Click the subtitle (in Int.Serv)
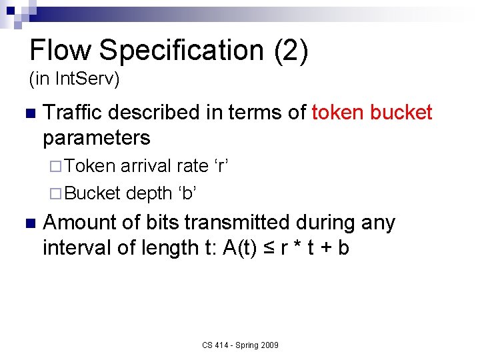[74, 80]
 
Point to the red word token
[341, 113]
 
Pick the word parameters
[96, 138]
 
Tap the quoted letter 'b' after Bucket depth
[187, 193]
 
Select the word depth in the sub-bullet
[149, 193]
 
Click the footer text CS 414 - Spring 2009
[240, 345]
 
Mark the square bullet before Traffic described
[27, 113]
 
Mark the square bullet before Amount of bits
[27, 223]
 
